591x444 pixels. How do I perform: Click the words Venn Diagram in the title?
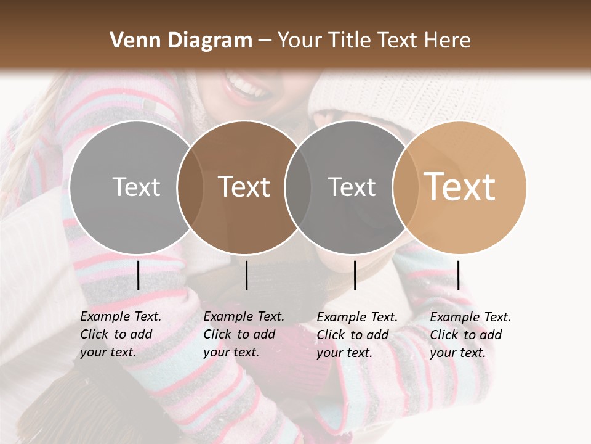point(180,41)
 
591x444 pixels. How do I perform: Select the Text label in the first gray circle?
point(136,187)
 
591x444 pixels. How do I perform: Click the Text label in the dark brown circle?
point(244,187)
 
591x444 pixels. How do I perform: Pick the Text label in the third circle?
point(352,187)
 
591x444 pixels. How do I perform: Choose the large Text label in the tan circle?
point(460,187)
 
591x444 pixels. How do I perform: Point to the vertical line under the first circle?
point(139,275)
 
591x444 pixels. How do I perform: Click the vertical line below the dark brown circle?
point(246,275)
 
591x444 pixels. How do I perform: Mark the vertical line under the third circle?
point(355,275)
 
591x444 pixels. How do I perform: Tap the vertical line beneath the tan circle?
point(458,275)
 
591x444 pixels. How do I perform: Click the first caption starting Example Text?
point(120,334)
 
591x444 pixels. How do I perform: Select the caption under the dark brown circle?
point(243,334)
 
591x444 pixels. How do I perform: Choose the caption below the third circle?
point(356,335)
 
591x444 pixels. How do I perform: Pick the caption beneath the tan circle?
point(470,335)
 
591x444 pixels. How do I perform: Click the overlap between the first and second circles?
point(190,187)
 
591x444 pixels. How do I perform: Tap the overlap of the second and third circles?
point(298,187)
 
